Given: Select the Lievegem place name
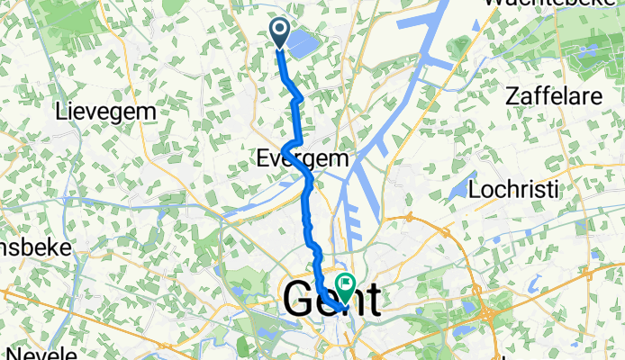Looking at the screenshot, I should click(x=105, y=112).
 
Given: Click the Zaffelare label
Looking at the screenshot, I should click(x=553, y=95).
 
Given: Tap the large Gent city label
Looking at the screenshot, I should click(x=331, y=300).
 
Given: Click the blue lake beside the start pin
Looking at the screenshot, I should click(x=303, y=40).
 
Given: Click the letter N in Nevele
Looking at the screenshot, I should click(x=8, y=351).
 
